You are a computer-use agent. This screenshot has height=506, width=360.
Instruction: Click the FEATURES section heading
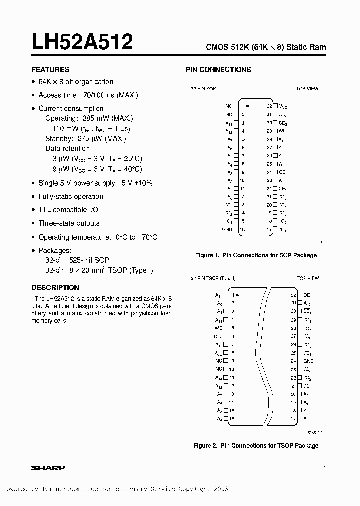point(50,69)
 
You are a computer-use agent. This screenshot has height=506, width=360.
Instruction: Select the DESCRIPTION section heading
point(55,288)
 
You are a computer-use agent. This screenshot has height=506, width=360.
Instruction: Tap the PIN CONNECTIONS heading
point(218,69)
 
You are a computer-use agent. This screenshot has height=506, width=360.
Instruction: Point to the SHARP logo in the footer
point(48,468)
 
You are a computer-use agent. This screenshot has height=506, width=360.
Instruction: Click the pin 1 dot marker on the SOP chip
point(248,106)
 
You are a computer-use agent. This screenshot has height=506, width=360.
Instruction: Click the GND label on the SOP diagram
point(227,230)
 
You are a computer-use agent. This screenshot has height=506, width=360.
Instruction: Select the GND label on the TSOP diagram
point(308,361)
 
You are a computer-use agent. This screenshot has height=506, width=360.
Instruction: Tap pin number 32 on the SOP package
point(269,106)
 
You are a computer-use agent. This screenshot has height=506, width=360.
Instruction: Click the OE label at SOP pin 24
point(282,172)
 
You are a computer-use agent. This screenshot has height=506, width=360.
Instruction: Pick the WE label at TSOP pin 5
point(218,328)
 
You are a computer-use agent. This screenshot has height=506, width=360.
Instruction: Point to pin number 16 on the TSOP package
point(232,418)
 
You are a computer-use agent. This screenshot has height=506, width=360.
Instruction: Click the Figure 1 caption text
point(256,255)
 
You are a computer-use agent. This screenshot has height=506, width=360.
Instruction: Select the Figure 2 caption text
point(256,445)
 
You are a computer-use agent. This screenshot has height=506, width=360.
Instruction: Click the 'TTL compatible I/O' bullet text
point(69,210)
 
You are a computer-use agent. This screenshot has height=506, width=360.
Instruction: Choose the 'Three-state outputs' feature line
point(69,223)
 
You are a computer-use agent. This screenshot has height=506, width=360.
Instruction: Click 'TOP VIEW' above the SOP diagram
point(307,88)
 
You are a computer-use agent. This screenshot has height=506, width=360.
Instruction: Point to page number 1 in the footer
point(325,468)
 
